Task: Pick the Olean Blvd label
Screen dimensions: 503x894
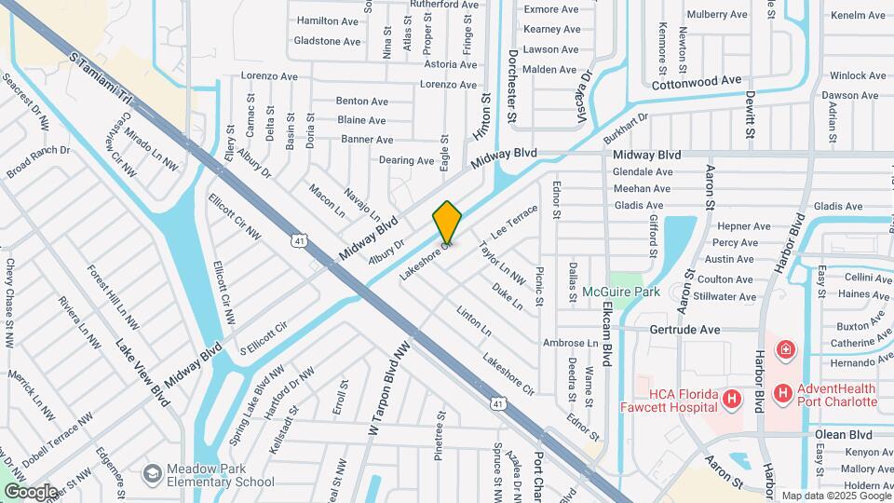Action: click(x=843, y=435)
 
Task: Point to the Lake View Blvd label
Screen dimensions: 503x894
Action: click(x=143, y=372)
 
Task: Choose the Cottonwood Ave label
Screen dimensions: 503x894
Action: click(x=697, y=82)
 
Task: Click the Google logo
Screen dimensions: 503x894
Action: click(x=31, y=492)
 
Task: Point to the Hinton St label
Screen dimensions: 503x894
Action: click(x=485, y=114)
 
